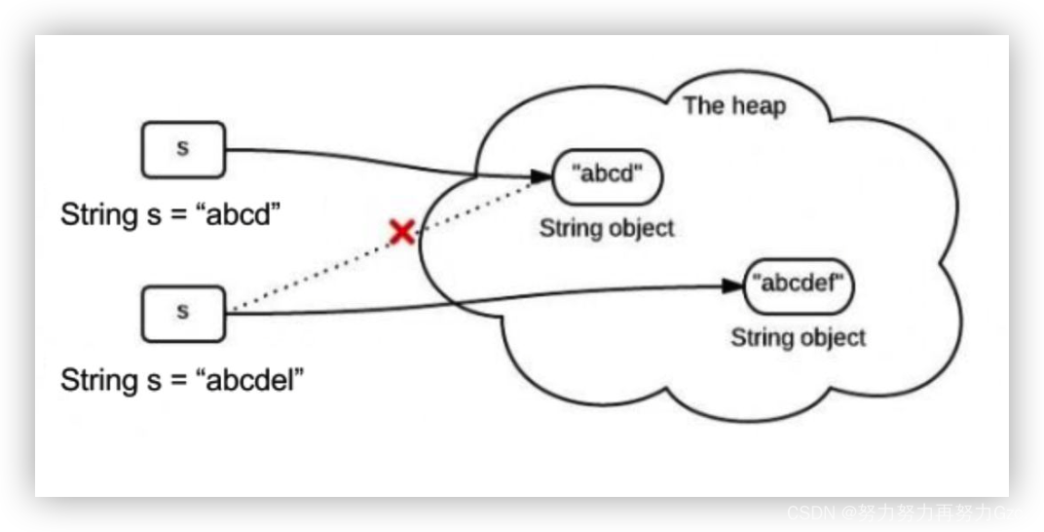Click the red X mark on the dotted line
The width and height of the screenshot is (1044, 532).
tap(401, 231)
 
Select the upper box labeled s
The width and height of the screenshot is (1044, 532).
tap(183, 149)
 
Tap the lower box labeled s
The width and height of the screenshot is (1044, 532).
tap(183, 312)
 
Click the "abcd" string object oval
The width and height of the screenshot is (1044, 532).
tap(605, 175)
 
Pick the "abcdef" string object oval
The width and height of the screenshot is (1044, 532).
tap(800, 284)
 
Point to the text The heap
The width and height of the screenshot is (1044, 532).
tap(733, 105)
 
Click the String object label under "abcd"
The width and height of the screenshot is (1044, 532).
tap(606, 229)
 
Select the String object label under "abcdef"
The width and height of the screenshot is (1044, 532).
tap(798, 338)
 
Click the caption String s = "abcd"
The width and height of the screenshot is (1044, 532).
tap(170, 213)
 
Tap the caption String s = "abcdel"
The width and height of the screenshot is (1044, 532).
tap(182, 379)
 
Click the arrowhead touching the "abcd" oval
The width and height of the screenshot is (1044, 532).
tap(541, 177)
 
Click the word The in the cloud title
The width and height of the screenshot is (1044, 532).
tap(701, 105)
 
